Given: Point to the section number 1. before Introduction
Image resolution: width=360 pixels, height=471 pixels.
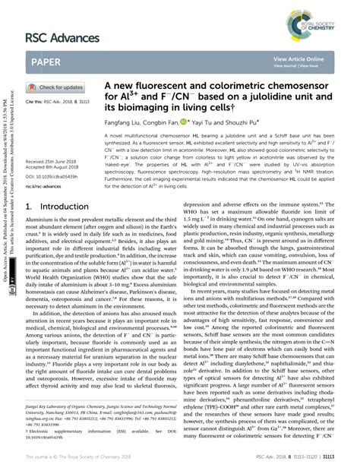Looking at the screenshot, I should click(x=30, y=207).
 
